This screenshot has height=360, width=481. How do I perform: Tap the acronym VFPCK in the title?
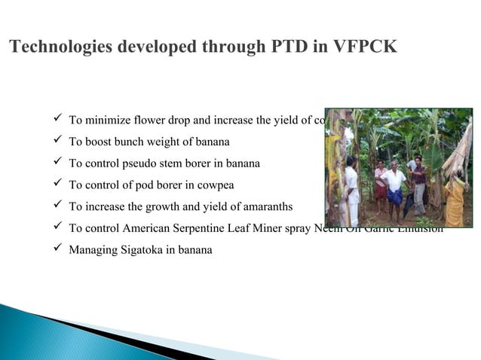click(365, 47)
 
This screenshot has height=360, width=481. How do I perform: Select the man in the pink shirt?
click(380, 185)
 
